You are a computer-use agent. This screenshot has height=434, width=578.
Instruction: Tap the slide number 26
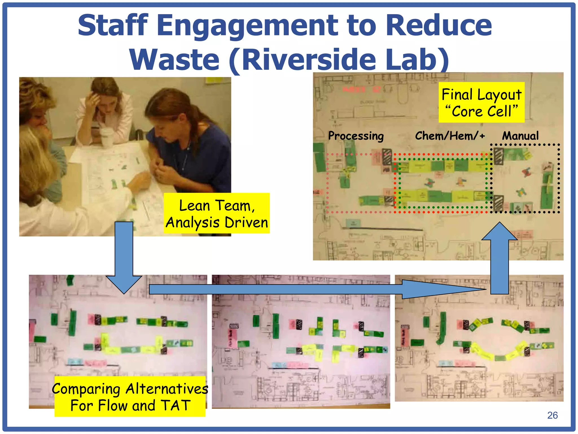(x=552, y=415)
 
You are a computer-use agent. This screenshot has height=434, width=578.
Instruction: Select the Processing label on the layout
(x=356, y=136)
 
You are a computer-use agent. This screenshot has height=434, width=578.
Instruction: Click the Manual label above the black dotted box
(x=520, y=136)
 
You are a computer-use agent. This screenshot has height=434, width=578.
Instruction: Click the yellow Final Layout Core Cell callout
(x=481, y=102)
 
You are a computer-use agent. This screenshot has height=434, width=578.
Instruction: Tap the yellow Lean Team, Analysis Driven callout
(x=216, y=213)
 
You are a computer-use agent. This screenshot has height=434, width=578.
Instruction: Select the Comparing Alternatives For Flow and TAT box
(x=130, y=396)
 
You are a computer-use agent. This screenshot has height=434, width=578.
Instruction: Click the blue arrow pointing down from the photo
(x=124, y=254)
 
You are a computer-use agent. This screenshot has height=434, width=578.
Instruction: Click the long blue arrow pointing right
(x=310, y=289)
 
